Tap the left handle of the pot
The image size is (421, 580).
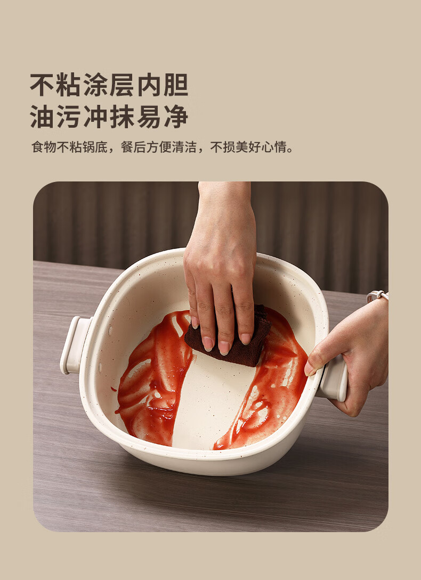point(75,345)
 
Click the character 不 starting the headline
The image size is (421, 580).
point(42,85)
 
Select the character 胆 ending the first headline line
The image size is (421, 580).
point(176,85)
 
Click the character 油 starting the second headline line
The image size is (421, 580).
point(42,117)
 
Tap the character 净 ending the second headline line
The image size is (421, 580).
point(176,117)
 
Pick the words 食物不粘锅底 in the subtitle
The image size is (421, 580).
point(69,147)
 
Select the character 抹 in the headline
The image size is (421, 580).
point(122,117)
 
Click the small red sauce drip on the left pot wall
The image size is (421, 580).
point(114,389)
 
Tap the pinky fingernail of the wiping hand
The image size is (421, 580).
point(195,322)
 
